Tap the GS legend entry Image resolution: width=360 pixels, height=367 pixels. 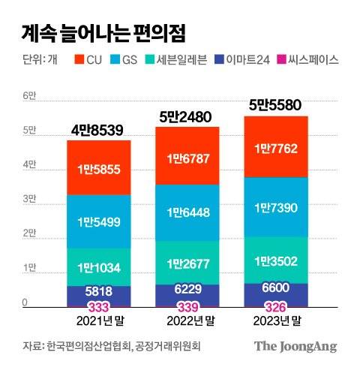tap(124, 59)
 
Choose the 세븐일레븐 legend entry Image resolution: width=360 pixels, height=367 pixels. tap(178, 59)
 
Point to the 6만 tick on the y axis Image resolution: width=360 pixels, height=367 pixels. tap(29, 97)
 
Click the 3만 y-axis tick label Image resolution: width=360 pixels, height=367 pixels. tap(29, 200)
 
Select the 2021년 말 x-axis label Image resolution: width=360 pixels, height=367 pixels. tap(100, 321)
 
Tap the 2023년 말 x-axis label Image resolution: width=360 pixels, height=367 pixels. tap(277, 321)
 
